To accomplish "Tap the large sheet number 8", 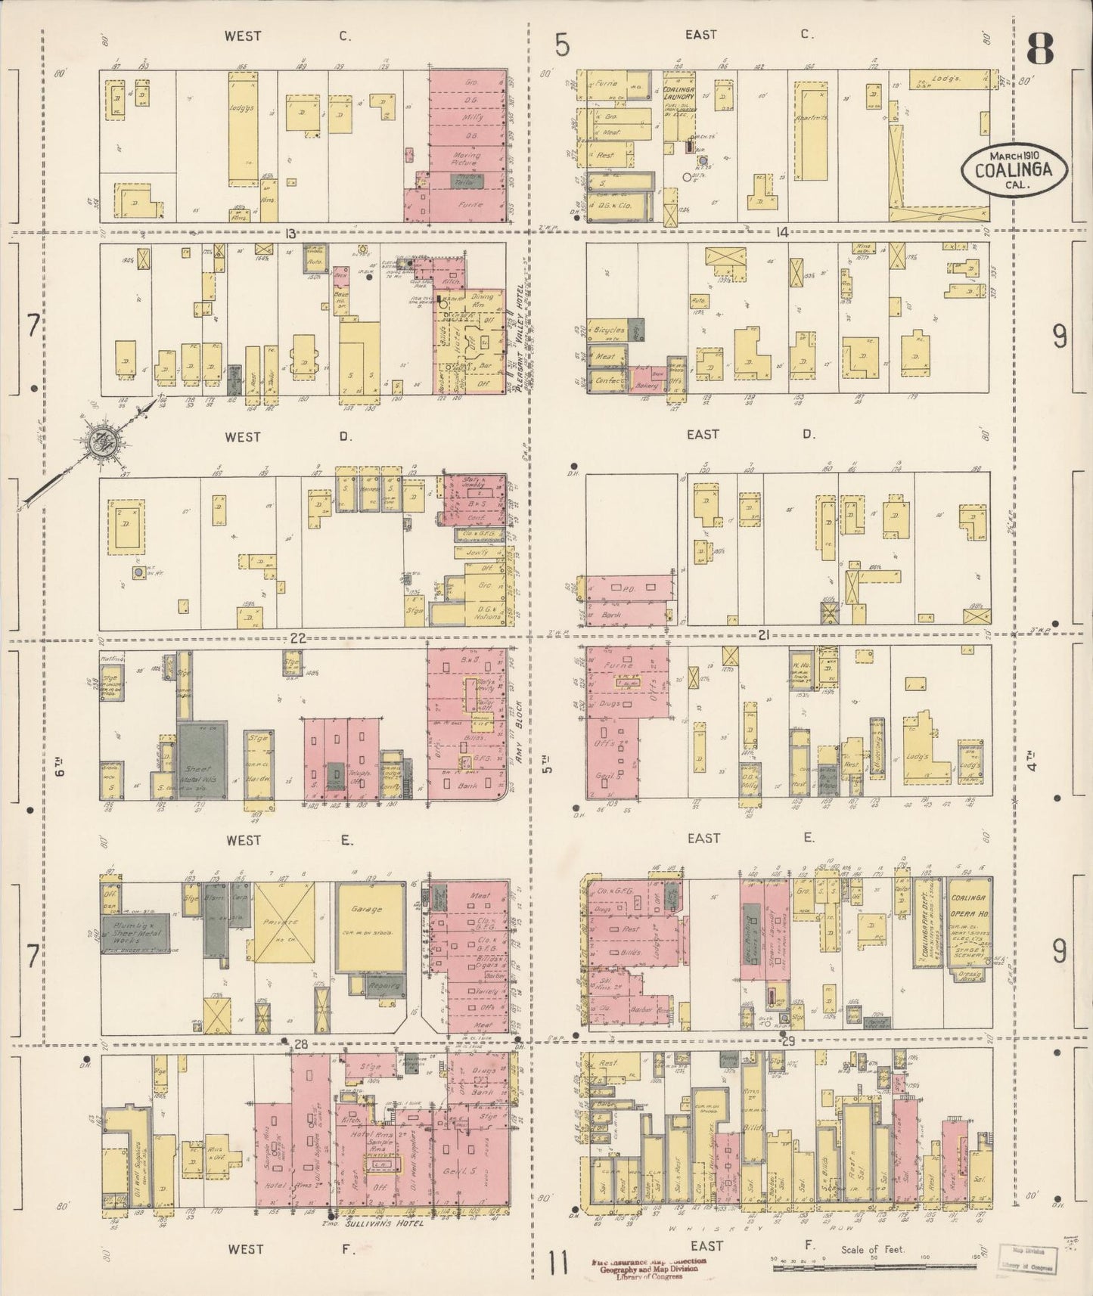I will [1040, 51].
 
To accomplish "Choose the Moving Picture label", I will [465, 159].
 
